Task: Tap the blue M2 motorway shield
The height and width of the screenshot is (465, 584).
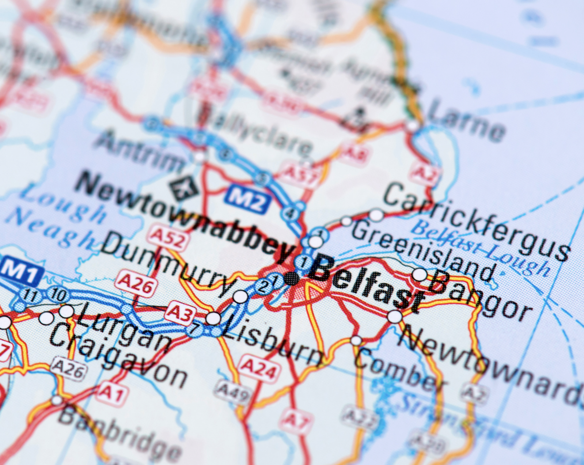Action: point(247,200)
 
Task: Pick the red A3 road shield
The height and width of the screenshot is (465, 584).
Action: point(180,313)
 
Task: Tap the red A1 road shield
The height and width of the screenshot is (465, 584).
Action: point(112,393)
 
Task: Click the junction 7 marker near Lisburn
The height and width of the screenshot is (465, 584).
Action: point(195,329)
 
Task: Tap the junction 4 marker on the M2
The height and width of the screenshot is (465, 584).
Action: point(289,214)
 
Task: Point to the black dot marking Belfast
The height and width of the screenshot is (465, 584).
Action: point(291,278)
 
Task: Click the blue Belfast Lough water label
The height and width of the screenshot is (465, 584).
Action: point(482,247)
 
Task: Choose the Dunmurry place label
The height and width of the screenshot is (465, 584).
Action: point(168,265)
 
